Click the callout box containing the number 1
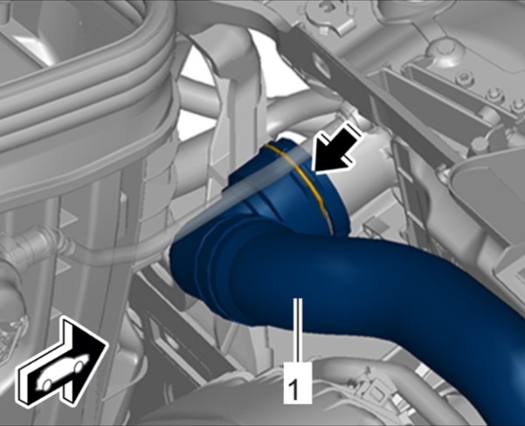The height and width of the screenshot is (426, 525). click(298, 383)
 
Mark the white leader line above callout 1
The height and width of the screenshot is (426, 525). click(298, 330)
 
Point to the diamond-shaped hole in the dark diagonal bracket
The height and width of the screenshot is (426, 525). click(321, 64)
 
